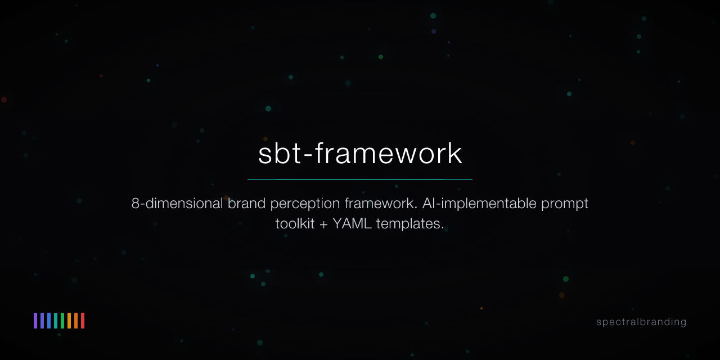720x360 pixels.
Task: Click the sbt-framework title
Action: point(360,154)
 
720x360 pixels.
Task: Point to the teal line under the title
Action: point(360,179)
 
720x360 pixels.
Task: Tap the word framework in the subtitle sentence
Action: point(379,203)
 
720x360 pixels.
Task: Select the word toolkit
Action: point(294,223)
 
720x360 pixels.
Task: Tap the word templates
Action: point(410,224)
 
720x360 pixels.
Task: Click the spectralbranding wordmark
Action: point(641,322)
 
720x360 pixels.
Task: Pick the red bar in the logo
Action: point(83,321)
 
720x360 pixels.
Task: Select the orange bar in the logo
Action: point(76,321)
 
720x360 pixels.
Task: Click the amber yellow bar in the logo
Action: point(69,321)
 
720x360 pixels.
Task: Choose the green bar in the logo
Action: point(62,321)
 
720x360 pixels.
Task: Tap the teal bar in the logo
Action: point(56,321)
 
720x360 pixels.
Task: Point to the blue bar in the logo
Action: point(49,321)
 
